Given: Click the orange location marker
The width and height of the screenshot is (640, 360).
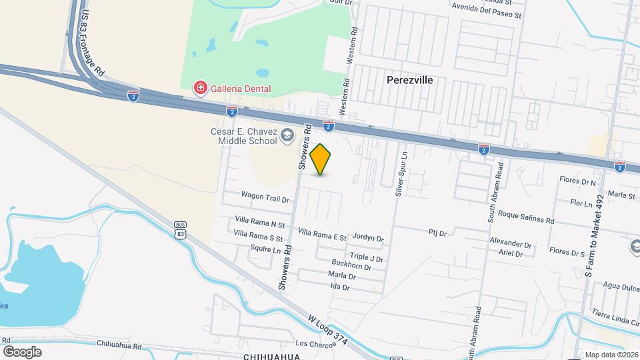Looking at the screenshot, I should click(x=321, y=159).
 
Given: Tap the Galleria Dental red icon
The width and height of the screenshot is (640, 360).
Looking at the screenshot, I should click(x=199, y=87).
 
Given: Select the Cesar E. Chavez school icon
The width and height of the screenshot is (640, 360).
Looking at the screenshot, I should click(x=287, y=135).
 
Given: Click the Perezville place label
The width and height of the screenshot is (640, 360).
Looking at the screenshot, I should click(x=410, y=80).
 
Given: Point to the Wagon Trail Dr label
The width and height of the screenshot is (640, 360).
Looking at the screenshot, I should click(x=265, y=199).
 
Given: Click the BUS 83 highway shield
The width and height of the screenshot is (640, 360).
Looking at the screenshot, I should click(x=180, y=230).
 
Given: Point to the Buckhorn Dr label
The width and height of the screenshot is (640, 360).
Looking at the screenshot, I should click(x=353, y=267).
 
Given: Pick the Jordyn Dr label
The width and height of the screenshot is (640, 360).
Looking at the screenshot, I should click(x=368, y=238).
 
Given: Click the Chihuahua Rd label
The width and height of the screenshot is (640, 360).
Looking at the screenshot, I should click(x=119, y=345).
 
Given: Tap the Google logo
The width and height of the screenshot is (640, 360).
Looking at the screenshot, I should click(x=22, y=351).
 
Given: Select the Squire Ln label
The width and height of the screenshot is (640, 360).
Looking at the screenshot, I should click(x=266, y=249).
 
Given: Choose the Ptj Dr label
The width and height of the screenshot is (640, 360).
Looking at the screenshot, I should click(x=437, y=233).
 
